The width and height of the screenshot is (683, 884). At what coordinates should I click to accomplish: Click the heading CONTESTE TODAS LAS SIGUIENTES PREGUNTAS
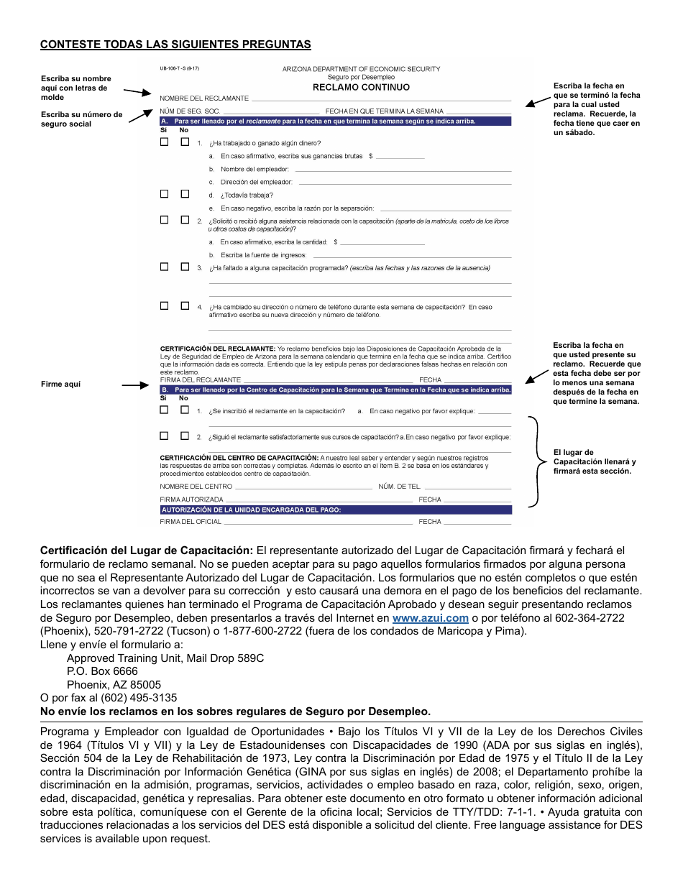tap(175, 45)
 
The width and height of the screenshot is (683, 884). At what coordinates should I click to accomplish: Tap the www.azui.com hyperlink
tap(431, 618)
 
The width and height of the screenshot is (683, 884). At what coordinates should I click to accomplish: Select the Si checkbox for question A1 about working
tap(164, 142)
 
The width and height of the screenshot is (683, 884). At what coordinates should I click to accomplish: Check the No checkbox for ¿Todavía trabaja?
tap(185, 194)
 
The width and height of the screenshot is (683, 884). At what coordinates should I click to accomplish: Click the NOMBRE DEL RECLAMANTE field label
tap(204, 98)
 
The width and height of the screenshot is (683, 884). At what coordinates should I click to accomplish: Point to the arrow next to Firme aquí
tap(134, 385)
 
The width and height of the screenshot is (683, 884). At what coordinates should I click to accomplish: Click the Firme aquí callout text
tap(60, 385)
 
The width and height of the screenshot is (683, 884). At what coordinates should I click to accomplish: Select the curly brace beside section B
tap(536, 462)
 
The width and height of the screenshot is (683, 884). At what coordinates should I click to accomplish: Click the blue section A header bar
tap(335, 121)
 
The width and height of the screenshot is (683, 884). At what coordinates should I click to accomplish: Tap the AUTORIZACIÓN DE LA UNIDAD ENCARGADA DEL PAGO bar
tap(335, 510)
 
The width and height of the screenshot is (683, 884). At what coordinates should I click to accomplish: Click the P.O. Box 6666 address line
tap(102, 671)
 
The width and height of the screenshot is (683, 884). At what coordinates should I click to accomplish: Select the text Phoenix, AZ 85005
tap(114, 684)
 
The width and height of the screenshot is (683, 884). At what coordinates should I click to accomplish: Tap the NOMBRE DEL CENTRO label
tap(196, 487)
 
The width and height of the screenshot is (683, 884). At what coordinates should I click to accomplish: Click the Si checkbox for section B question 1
tap(164, 410)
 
